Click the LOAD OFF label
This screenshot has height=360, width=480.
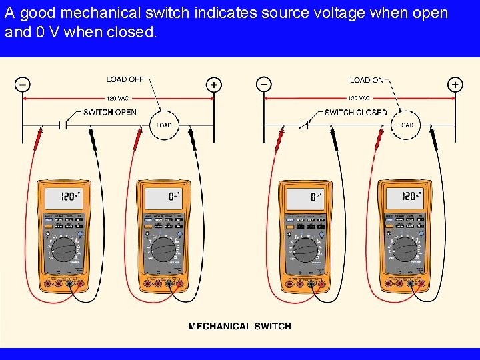click(x=125, y=79)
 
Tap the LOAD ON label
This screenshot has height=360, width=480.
click(x=367, y=80)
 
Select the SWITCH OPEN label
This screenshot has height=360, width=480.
click(x=109, y=112)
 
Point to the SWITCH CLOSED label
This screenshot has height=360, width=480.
click(x=355, y=112)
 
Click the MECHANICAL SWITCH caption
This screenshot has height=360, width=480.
click(x=239, y=326)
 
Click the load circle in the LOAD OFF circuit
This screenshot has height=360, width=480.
click(x=164, y=125)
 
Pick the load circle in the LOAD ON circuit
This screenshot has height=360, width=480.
click(x=405, y=125)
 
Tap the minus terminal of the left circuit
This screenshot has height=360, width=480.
click(x=23, y=85)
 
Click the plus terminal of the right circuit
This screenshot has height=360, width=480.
click(x=455, y=85)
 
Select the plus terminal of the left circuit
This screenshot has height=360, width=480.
click(x=213, y=85)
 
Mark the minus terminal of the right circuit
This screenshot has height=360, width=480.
click(x=264, y=85)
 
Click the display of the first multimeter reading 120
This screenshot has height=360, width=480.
click(x=63, y=197)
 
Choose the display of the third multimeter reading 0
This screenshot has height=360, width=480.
click(x=305, y=197)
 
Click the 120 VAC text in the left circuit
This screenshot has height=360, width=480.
click(x=117, y=99)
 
